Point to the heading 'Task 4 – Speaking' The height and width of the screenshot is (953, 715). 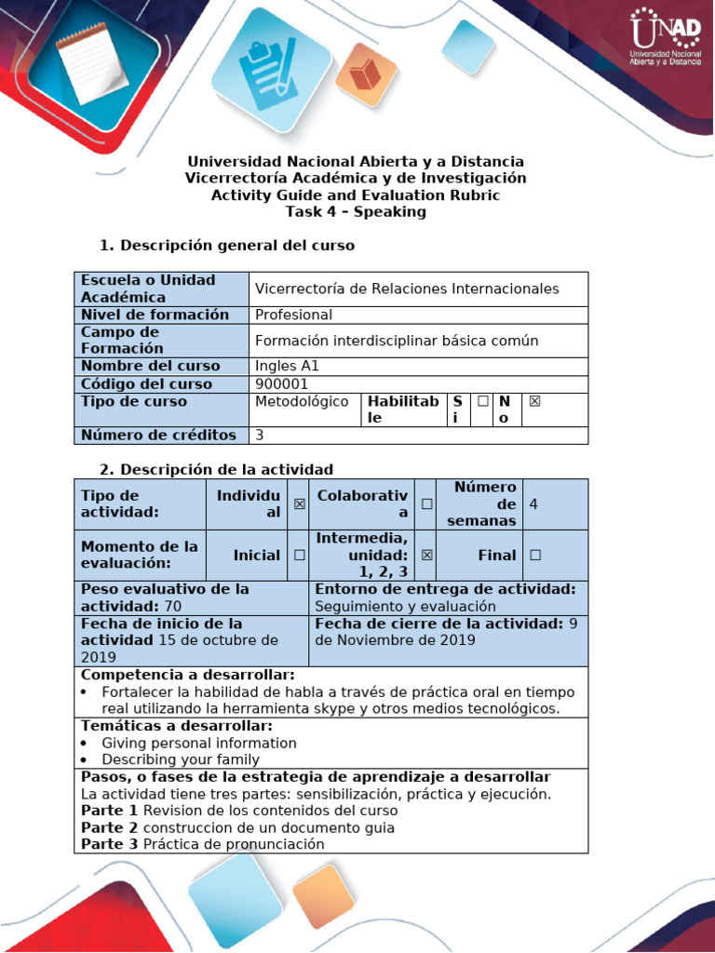click(356, 211)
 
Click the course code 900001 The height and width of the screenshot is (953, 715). click(281, 383)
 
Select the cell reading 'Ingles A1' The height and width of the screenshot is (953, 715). click(287, 366)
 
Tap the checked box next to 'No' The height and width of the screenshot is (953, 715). click(534, 401)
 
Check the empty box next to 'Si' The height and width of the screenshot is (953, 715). click(482, 401)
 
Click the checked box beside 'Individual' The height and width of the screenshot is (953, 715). click(300, 503)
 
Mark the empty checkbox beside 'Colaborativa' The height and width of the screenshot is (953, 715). click(426, 503)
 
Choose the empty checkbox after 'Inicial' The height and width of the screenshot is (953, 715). click(300, 555)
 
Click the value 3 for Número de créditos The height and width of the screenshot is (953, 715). click(260, 435)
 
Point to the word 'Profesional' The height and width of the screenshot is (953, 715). click(293, 315)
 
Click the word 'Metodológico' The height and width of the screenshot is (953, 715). click(302, 401)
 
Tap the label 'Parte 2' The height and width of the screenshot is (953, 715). click(110, 827)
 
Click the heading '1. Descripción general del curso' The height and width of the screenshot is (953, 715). click(226, 246)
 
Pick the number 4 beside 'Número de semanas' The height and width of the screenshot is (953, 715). click(533, 503)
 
